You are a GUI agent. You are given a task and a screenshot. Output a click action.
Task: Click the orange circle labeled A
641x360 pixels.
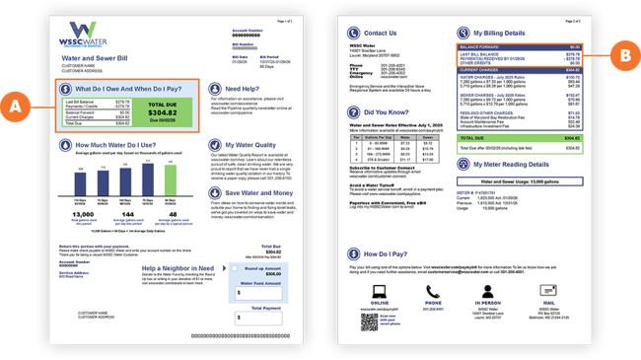click(16, 103)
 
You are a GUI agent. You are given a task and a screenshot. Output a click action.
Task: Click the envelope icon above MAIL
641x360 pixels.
click(544, 291)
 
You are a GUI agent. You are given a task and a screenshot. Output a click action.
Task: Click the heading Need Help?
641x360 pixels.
click(243, 89)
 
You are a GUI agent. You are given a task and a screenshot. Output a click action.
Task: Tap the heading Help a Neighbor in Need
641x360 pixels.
click(178, 268)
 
